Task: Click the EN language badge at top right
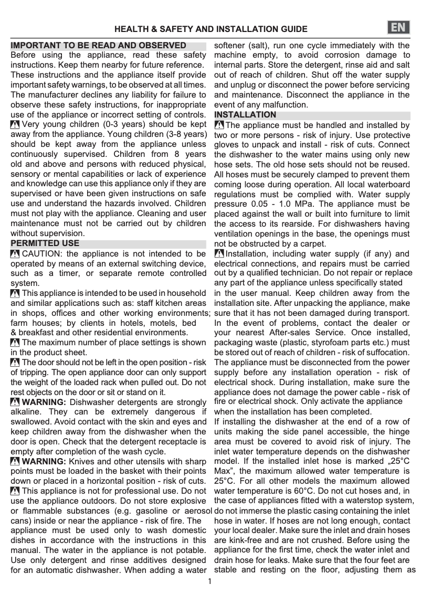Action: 400,28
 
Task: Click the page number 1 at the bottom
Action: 210,581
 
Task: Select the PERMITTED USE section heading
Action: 45,243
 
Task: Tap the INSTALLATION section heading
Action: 245,114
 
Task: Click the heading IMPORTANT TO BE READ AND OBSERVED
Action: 98,46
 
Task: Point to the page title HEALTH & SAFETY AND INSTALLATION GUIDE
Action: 211,29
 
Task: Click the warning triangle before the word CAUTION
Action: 15,254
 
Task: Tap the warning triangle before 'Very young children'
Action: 15,125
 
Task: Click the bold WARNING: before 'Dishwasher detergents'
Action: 44,402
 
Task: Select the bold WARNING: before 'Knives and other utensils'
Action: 44,461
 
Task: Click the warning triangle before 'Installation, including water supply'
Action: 219,254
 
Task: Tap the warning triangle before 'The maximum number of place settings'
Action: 15,343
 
